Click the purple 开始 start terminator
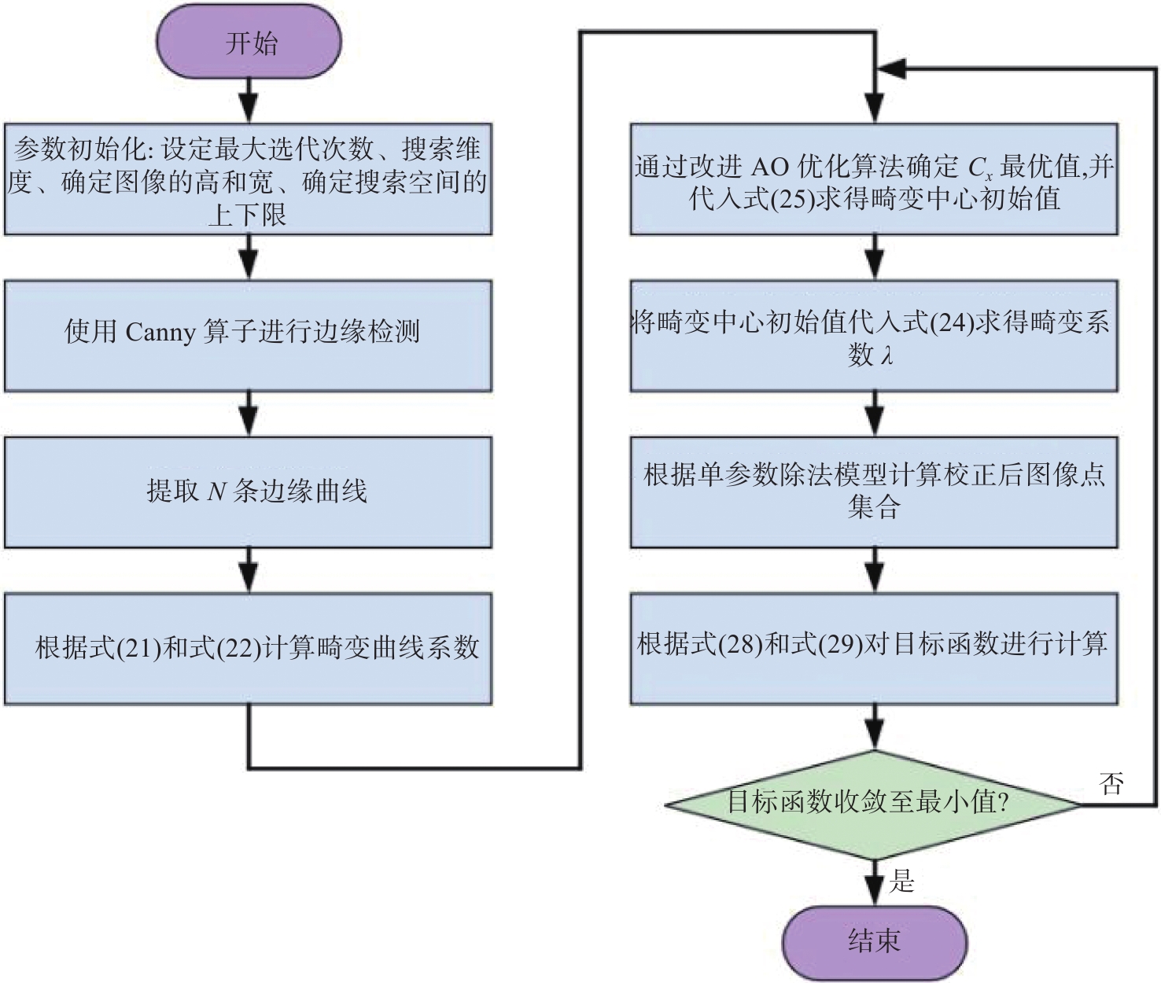249,42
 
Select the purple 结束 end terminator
875,941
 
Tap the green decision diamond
873,804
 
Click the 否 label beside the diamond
1111,783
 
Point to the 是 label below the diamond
902,880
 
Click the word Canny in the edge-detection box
160,332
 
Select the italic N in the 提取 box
216,491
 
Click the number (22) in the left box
239,648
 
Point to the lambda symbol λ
887,355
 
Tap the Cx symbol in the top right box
980,168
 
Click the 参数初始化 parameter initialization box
249,179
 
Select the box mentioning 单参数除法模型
874,492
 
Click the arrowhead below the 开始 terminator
249,107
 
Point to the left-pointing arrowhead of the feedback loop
891,68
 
